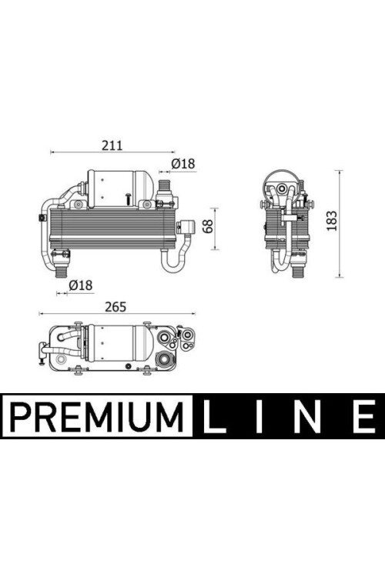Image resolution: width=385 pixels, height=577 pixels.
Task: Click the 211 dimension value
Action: [112, 145]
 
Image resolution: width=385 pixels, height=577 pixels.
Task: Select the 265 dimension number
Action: [115, 307]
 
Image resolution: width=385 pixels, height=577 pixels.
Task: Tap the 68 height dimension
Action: [208, 226]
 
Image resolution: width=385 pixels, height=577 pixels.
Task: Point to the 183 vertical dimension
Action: [332, 221]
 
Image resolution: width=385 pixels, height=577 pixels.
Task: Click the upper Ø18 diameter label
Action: [183, 163]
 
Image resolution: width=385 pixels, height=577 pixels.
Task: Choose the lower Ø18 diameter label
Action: [81, 285]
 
